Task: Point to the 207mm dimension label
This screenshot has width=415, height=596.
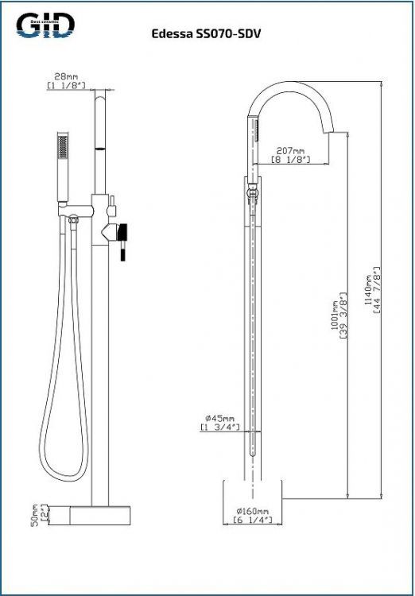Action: [289, 150]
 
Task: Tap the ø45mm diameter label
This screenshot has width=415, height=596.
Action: [217, 419]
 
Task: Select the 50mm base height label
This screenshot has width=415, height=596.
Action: [34, 513]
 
